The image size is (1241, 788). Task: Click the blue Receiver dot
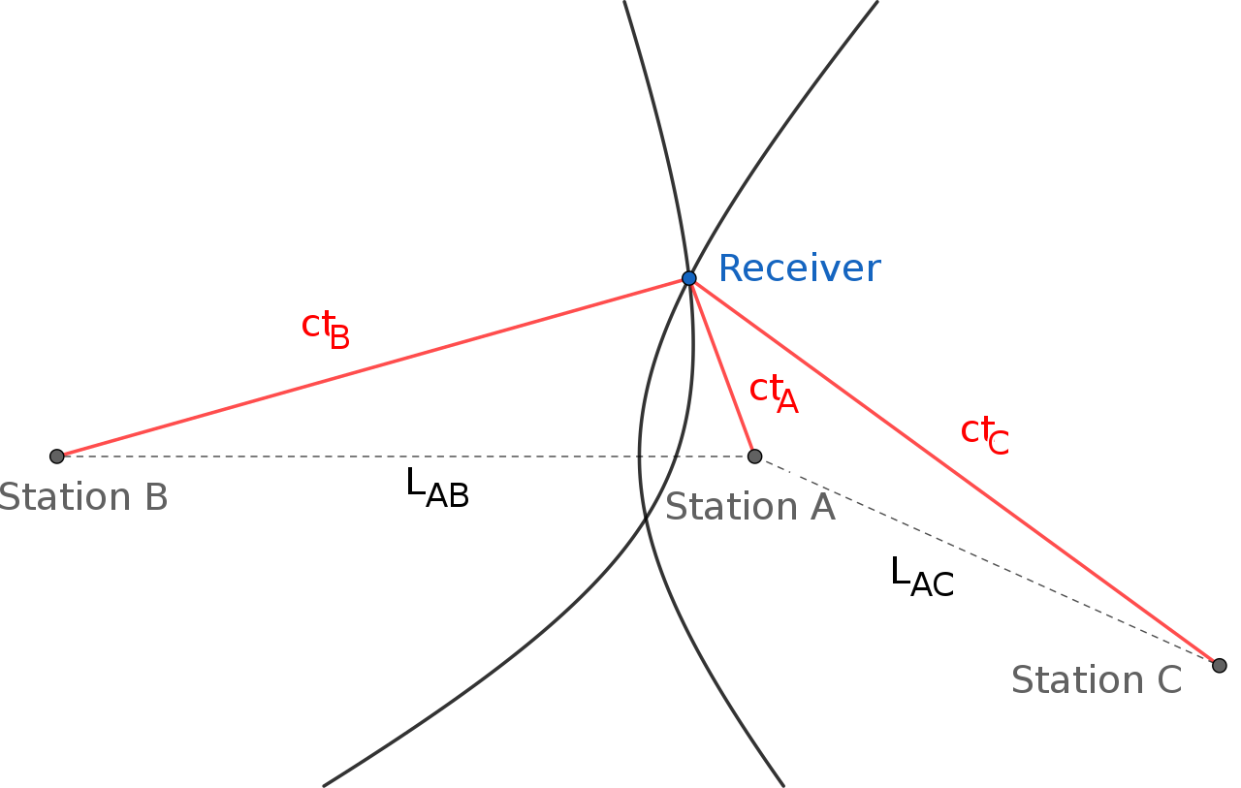(x=688, y=278)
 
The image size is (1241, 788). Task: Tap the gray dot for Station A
(x=754, y=456)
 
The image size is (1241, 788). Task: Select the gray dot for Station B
(x=56, y=456)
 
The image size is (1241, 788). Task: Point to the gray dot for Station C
(x=1219, y=665)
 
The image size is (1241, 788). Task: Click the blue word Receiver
(x=799, y=268)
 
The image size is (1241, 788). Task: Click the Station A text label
(x=749, y=507)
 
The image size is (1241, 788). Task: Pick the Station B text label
(x=82, y=497)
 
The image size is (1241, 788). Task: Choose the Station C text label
(x=1096, y=680)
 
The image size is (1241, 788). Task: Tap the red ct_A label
(x=774, y=393)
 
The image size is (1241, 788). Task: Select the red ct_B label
(x=325, y=329)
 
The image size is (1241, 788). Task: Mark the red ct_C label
(x=984, y=433)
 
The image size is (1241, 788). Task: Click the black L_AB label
(x=436, y=487)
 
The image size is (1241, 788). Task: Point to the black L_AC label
(x=921, y=576)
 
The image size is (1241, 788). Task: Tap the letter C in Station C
(x=1168, y=680)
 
